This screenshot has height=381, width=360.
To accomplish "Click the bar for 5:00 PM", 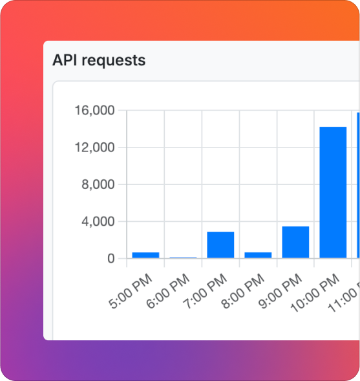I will click(145, 255).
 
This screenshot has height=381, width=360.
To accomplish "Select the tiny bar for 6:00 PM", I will click(183, 257).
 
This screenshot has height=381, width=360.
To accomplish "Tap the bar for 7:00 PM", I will click(220, 245).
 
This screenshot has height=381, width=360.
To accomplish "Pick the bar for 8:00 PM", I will click(258, 255).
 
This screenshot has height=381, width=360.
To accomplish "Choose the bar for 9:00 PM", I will click(295, 242).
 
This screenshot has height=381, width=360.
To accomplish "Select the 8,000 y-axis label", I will click(98, 184).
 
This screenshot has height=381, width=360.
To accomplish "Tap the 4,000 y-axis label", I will click(98, 221).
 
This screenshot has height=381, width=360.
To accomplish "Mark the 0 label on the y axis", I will click(111, 259).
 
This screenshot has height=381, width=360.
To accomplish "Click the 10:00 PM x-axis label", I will click(316, 294).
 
